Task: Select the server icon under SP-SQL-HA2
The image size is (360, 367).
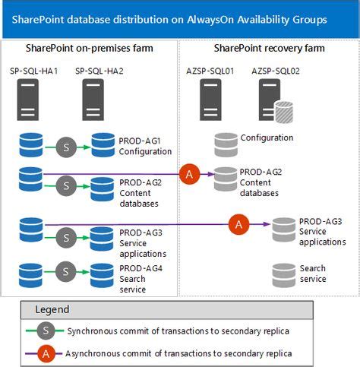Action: pos(93,101)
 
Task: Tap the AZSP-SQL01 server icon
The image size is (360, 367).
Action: pos(211,100)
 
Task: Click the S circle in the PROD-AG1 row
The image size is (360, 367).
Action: pos(66,147)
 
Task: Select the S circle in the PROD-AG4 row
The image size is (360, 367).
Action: pos(66,271)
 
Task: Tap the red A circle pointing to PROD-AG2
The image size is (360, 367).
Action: pos(189,175)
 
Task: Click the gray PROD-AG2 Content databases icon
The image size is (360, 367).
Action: pos(226,179)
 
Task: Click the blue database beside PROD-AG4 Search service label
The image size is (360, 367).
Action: pos(103,273)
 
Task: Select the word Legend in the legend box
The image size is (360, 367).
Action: pos(52,309)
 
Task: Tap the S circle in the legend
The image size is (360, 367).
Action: pos(45,332)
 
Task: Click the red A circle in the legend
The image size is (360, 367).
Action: pos(45,353)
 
